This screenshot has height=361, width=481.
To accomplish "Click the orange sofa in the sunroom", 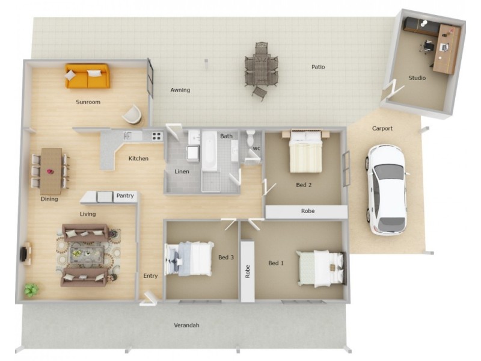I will click(88, 76).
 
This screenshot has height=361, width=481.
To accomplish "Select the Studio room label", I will click(417, 78).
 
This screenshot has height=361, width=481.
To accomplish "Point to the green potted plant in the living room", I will click(31, 290).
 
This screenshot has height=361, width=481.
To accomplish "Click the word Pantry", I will click(125, 196).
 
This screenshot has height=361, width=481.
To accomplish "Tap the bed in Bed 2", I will click(306, 153).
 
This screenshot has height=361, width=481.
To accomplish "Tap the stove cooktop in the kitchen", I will click(156, 136).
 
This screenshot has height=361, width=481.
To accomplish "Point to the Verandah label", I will click(186, 326).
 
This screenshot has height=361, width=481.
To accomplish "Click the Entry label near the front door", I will click(150, 276).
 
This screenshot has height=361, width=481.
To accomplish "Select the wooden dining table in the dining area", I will click(51, 171).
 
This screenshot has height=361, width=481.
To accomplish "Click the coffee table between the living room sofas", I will click(84, 253).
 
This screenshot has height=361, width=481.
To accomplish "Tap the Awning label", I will click(180, 90).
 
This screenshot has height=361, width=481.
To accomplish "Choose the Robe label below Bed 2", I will click(308, 212).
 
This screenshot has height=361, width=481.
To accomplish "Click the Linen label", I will click(182, 172).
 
